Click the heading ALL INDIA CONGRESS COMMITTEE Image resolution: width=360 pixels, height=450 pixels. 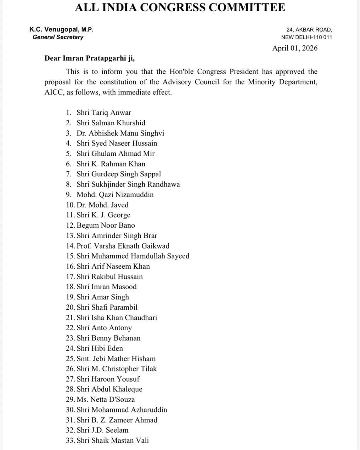coord(180,7)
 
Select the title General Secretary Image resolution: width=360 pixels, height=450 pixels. coord(58,37)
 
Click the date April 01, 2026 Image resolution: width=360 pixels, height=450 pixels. coord(295,48)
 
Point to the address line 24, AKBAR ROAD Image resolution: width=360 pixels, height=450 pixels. coord(309,30)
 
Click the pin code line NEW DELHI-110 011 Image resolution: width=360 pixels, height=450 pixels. coord(306,37)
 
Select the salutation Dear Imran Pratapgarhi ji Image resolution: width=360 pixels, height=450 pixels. coord(90,58)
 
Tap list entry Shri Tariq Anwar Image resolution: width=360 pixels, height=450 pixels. coord(103,113)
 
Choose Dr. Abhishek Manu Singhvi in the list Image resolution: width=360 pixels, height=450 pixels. coord(120,133)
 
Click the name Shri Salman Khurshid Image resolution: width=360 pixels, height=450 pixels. coord(111,123)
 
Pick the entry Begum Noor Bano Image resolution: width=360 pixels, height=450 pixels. coord(106,226)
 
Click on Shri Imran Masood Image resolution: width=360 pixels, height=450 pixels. coord(106,287)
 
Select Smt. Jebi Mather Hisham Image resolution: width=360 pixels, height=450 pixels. coord(116,359)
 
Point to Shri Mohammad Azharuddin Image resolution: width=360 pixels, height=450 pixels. coord(122,410)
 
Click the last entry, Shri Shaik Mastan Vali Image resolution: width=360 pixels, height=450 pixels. coord(112,441)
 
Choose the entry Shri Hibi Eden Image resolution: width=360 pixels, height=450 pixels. coord(100,348)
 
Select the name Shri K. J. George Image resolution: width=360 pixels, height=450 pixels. coord(103,215)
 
